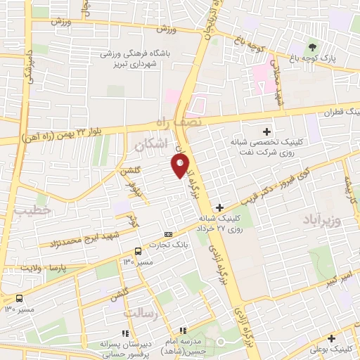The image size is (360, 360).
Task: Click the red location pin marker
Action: [181, 166]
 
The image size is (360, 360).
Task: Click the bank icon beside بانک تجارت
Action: [168, 234]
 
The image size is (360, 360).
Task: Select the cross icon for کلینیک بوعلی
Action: [331, 338]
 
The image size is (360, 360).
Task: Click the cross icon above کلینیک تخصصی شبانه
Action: [266, 131]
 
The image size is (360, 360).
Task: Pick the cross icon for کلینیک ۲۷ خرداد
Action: [220, 207]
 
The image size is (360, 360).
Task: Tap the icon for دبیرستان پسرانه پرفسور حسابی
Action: [125, 333]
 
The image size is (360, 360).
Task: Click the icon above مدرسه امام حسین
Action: [183, 330]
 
